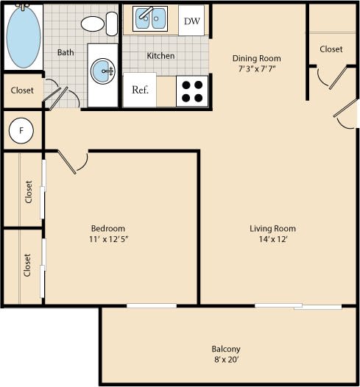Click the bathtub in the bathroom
(24, 38)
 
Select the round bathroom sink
(101, 71)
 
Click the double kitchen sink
(152, 20)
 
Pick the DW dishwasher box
(191, 21)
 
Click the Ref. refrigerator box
(140, 90)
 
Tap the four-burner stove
(193, 90)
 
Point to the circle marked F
(21, 131)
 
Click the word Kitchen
(160, 55)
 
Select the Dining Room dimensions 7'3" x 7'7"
(257, 69)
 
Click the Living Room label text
(272, 228)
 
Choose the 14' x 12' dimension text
(272, 239)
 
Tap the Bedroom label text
(108, 227)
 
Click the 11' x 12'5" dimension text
(108, 239)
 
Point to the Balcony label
(226, 349)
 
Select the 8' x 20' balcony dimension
(226, 360)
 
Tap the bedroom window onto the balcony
(151, 305)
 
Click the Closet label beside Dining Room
(331, 49)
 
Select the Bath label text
(66, 52)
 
